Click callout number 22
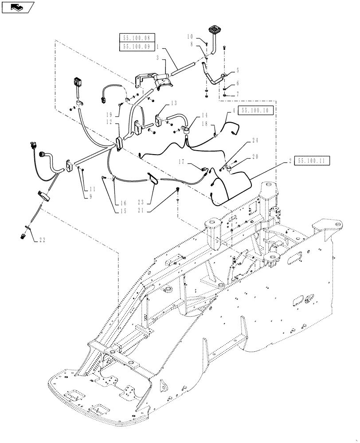tap(42, 240)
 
